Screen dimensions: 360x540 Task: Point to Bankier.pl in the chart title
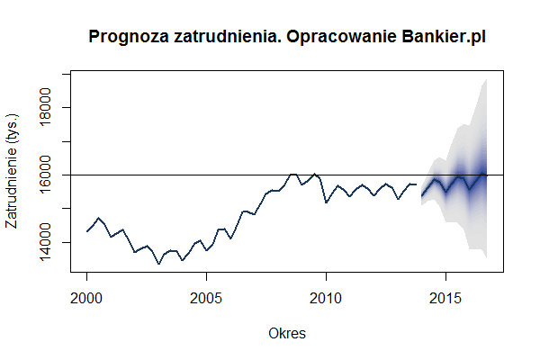tap(447, 37)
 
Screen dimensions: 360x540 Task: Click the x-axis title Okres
tap(287, 333)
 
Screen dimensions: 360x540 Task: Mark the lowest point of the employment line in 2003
tap(158, 264)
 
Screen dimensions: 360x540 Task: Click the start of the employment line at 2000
tap(87, 231)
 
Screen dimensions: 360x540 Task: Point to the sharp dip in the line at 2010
tap(326, 202)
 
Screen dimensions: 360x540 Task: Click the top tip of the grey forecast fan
tap(486, 79)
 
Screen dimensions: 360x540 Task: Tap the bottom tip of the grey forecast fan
tap(486, 258)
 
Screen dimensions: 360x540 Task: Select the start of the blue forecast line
tap(422, 195)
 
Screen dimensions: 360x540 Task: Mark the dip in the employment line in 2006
tap(230, 238)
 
